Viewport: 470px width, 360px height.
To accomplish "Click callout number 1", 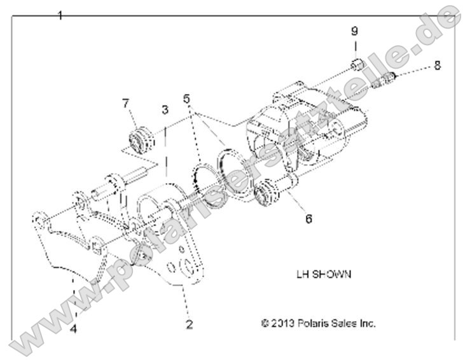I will (x=60, y=15).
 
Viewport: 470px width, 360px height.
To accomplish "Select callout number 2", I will (x=189, y=325).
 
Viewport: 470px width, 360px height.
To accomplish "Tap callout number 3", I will (x=164, y=109).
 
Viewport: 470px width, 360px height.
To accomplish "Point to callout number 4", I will (x=74, y=329).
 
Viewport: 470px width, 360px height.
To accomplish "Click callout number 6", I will (x=308, y=218).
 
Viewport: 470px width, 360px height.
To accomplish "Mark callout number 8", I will (x=436, y=65).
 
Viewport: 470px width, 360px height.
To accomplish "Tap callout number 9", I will (x=355, y=31).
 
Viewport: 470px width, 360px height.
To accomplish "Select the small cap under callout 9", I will (x=356, y=64).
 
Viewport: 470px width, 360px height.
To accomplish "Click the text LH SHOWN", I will (x=324, y=275).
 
